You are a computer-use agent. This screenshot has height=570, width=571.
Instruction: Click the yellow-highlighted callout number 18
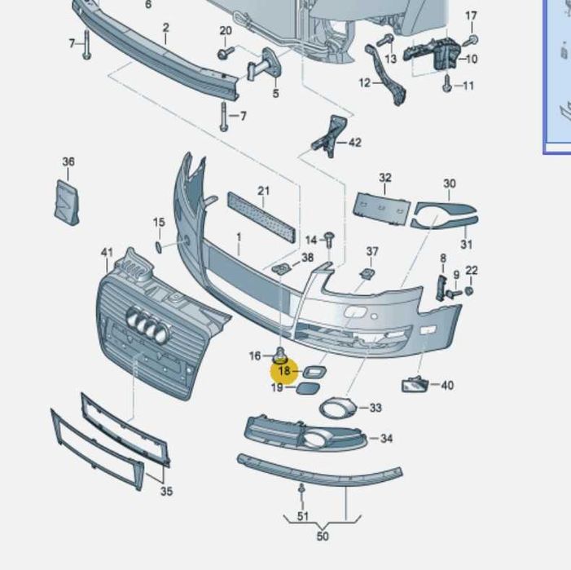click(284, 371)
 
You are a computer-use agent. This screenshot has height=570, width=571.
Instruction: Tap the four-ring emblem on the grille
click(148, 325)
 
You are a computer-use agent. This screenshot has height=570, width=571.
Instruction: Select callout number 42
click(355, 143)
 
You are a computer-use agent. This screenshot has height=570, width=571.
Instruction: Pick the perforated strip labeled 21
click(261, 217)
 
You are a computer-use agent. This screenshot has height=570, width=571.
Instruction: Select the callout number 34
click(386, 438)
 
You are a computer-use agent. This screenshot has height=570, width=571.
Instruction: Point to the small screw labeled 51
click(301, 491)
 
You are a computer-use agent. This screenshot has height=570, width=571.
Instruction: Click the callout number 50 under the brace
click(323, 536)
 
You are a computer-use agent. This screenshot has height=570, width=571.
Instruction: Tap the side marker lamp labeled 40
click(415, 384)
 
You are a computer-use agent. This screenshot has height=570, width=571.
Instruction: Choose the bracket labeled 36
click(67, 202)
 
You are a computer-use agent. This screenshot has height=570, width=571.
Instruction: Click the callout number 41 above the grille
click(107, 252)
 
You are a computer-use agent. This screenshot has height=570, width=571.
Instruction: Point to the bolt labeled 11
click(447, 83)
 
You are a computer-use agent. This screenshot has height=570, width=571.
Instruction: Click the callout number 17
click(471, 15)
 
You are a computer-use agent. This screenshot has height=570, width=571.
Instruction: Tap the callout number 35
click(166, 491)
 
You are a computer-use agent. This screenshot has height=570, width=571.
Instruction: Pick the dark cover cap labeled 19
click(308, 388)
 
